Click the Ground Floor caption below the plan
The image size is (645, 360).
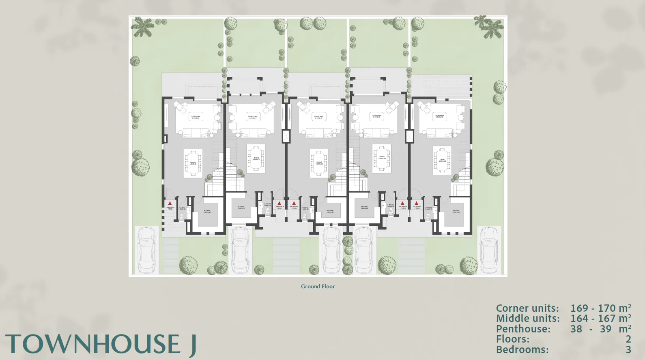pos(318,286)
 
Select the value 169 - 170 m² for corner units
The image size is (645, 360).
pos(600,308)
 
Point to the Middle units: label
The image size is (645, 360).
pos(527,319)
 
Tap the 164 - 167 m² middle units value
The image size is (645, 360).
pos(600,319)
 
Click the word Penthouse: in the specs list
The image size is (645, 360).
pos(523,329)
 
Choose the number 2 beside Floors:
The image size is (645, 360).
pos(628,339)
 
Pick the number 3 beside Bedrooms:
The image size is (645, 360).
pos(628,349)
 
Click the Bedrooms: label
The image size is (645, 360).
pos(522,349)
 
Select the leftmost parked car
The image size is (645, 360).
pos(146,250)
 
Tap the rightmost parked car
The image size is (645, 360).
pos(489,250)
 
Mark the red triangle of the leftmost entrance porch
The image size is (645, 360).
pos(170,203)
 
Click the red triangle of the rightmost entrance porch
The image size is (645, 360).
pos(416,203)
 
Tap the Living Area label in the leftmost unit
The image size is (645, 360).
pos(196,117)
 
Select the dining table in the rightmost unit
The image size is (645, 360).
pos(442,160)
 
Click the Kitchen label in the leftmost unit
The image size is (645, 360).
pos(207,211)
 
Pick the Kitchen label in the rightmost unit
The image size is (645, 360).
pos(456,211)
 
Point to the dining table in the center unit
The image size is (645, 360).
pos(319,163)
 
